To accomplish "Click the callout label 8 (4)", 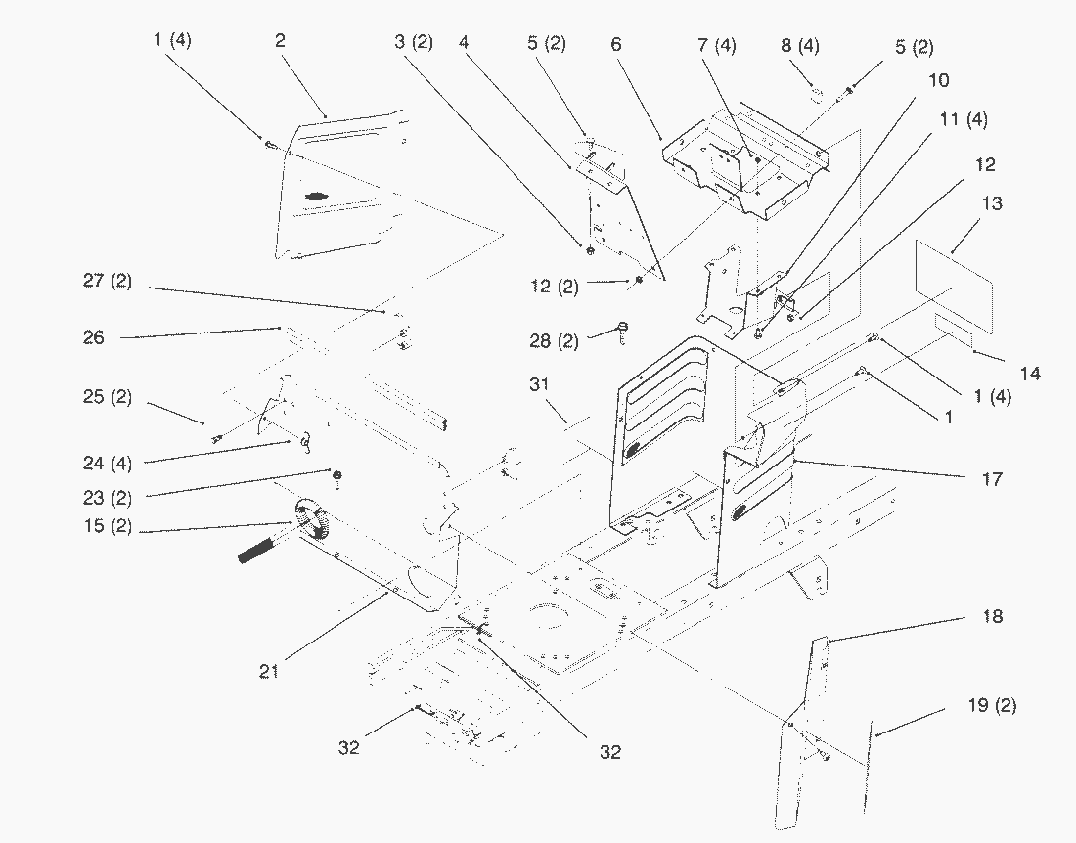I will tap(800, 46).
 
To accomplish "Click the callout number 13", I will tap(993, 204).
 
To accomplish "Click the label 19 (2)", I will tap(994, 705).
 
